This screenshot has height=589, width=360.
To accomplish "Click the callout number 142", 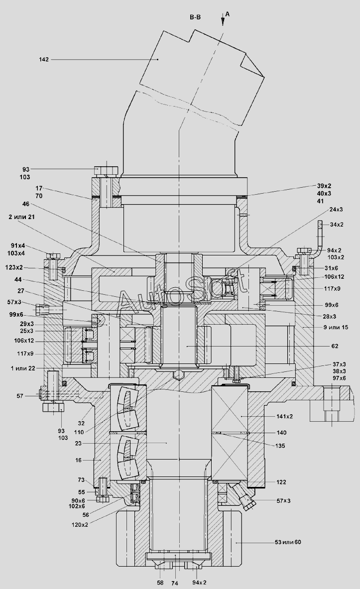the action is pos(44,59).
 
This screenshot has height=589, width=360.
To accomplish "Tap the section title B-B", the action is pos(195,17).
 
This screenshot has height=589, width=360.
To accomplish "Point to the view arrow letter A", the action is pos(228,14).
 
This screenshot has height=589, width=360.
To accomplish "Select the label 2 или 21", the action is pos(22,217).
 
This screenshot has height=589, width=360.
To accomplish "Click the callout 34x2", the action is pos(336,225).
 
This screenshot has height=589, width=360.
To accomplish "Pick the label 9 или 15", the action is pos(336,327).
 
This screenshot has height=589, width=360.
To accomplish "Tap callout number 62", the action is pos(335,346).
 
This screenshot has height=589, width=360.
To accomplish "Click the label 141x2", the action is pos(284,416).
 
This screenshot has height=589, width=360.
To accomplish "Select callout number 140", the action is pos(281,433).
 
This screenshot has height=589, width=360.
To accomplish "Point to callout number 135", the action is pos(280,446).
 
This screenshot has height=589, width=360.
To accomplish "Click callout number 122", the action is pos(281,482).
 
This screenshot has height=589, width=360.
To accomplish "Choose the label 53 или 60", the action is pos(288,542).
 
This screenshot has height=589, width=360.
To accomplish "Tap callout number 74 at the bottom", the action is pos(174,583).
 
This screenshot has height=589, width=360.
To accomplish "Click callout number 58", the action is pos(160,582).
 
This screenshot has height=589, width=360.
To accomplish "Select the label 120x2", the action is pos(80,525).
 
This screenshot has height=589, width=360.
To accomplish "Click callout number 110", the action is pos(79,432).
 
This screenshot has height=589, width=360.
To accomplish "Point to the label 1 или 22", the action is pos(23,368).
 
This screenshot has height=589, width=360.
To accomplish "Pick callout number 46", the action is pos(26,204).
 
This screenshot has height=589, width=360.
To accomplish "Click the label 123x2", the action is pos(14,267).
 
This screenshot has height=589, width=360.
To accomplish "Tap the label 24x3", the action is pos(336,209).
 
